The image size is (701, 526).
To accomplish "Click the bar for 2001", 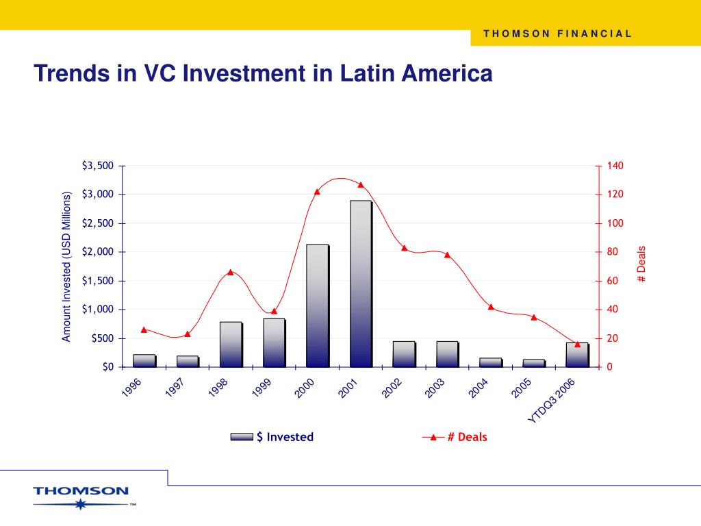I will point(361,284).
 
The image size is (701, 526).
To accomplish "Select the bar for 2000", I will point(317,305).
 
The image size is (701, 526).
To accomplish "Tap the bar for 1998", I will point(231,344).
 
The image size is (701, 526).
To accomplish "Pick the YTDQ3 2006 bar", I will point(577,354).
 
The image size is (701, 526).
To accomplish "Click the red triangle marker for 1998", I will point(231,272).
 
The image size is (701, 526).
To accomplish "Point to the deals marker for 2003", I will point(447,255).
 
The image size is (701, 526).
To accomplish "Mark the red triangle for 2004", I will point(491,306).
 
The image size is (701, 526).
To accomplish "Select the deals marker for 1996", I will point(144,329).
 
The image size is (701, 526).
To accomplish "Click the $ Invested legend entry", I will point(272,437).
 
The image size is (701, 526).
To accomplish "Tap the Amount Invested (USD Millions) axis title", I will point(67,266).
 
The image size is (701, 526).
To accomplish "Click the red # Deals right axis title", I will point(641,263).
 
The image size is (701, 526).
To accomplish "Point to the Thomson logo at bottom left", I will point(81,496).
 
